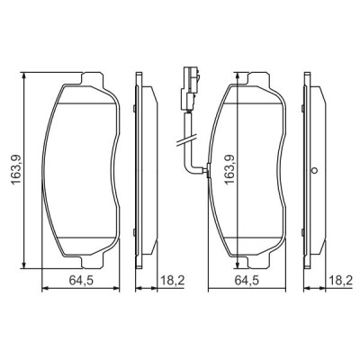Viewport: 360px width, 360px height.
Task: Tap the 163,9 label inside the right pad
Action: pos(229,168)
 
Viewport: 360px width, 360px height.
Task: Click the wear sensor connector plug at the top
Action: pos(189,79)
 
